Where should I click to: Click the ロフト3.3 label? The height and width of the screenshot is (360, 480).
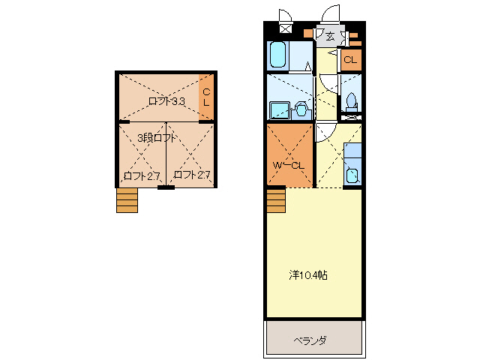click(x=166, y=101)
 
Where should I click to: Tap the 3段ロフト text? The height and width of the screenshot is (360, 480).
click(x=157, y=138)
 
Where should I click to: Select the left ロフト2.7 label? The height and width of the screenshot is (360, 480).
click(x=142, y=176)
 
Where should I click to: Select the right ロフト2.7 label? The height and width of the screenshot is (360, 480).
click(x=192, y=175)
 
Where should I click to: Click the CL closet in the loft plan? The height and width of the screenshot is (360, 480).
click(x=206, y=97)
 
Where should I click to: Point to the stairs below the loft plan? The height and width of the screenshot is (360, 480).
click(x=127, y=200)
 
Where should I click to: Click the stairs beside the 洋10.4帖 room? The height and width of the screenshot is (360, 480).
click(x=276, y=201)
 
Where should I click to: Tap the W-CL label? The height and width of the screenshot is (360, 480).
click(x=289, y=166)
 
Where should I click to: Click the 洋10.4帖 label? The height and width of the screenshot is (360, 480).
click(x=308, y=275)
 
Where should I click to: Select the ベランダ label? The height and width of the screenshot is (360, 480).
click(x=310, y=340)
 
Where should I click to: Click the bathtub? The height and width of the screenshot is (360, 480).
click(x=278, y=55)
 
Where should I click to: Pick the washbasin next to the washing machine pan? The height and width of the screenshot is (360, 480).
click(x=301, y=109)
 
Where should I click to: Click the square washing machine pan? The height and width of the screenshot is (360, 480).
click(x=279, y=110)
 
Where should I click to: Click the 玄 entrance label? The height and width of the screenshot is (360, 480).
click(x=330, y=37)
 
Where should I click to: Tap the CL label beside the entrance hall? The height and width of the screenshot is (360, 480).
click(x=350, y=60)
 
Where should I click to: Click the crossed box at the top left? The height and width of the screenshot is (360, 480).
click(x=286, y=28)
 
